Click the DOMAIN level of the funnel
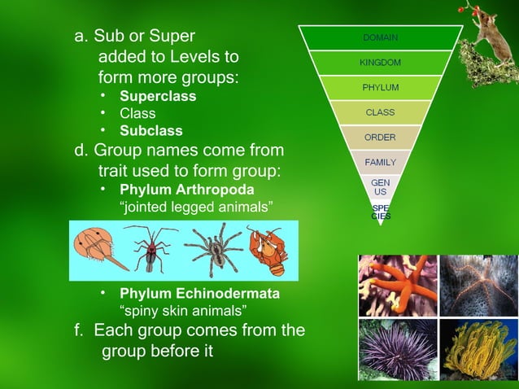pos(380,37)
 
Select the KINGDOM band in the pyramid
pos(380,62)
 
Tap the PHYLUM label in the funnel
pos(380,87)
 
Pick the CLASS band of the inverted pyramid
pos(380,111)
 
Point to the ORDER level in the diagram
pos(380,137)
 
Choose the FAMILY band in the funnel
pos(380,162)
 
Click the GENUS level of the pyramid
pos(380,187)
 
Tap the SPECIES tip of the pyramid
pos(380,212)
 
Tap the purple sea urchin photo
pos(396,348)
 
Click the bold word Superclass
pos(158,97)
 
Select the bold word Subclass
pos(151,131)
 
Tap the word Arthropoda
pos(212,190)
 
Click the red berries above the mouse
pos(463,9)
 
